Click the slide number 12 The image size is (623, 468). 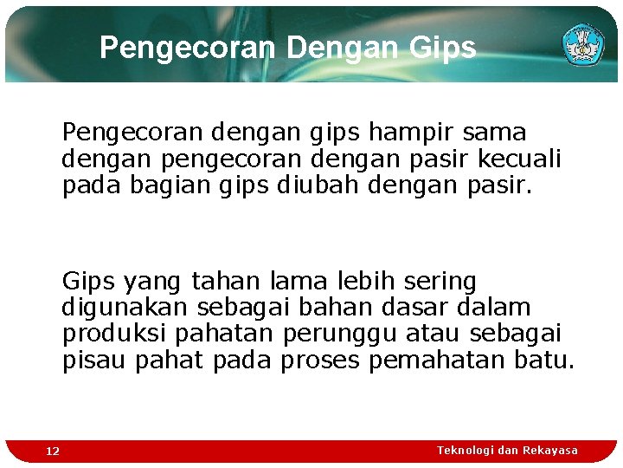pyautogui.click(x=53, y=451)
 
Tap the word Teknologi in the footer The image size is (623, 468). pyautogui.click(x=466, y=450)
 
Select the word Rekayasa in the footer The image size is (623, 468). pyautogui.click(x=550, y=450)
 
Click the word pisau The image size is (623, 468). pyautogui.click(x=94, y=360)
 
